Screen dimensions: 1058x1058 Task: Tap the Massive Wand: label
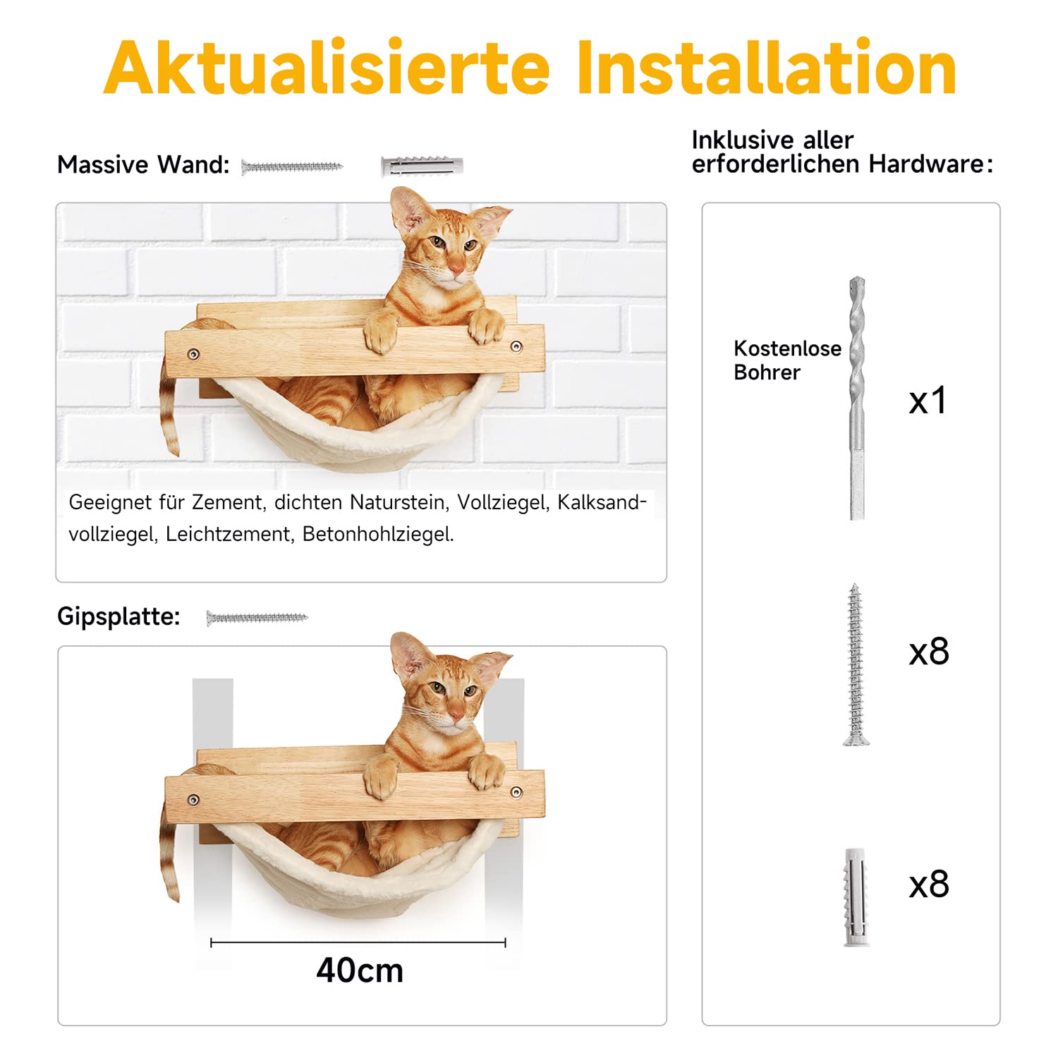pyautogui.click(x=143, y=164)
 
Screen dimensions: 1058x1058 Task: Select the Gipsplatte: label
pyautogui.click(x=118, y=616)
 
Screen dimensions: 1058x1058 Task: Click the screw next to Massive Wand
pyautogui.click(x=291, y=167)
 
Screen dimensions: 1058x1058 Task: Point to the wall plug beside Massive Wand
pyautogui.click(x=422, y=166)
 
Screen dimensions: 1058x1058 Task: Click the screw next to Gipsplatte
pyautogui.click(x=257, y=618)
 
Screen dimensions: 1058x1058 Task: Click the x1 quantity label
pyautogui.click(x=928, y=401)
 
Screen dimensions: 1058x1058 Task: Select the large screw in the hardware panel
pyautogui.click(x=856, y=664)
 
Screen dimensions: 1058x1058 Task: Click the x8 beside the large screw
pyautogui.click(x=929, y=652)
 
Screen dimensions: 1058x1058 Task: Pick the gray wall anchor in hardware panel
pyautogui.click(x=856, y=897)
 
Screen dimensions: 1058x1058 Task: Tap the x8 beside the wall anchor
pyautogui.click(x=929, y=884)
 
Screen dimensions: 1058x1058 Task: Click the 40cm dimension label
pyautogui.click(x=360, y=971)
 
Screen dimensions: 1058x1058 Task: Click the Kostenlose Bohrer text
pyautogui.click(x=786, y=360)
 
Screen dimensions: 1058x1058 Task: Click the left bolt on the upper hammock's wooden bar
pyautogui.click(x=193, y=354)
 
